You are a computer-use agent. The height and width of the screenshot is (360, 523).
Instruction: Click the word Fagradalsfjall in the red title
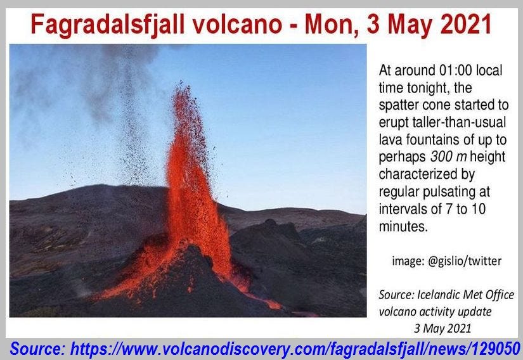pos(107,25)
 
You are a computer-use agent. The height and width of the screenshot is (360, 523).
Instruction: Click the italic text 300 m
pos(449,157)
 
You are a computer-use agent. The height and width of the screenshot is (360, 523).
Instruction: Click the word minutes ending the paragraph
pos(403,227)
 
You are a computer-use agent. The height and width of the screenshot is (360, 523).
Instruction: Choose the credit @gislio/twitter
pos(447,260)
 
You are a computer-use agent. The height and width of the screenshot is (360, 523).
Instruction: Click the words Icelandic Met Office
pos(466,295)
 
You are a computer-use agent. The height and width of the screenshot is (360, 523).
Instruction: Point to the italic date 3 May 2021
pos(442,328)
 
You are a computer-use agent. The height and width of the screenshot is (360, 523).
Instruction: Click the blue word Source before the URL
pos(37,349)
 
